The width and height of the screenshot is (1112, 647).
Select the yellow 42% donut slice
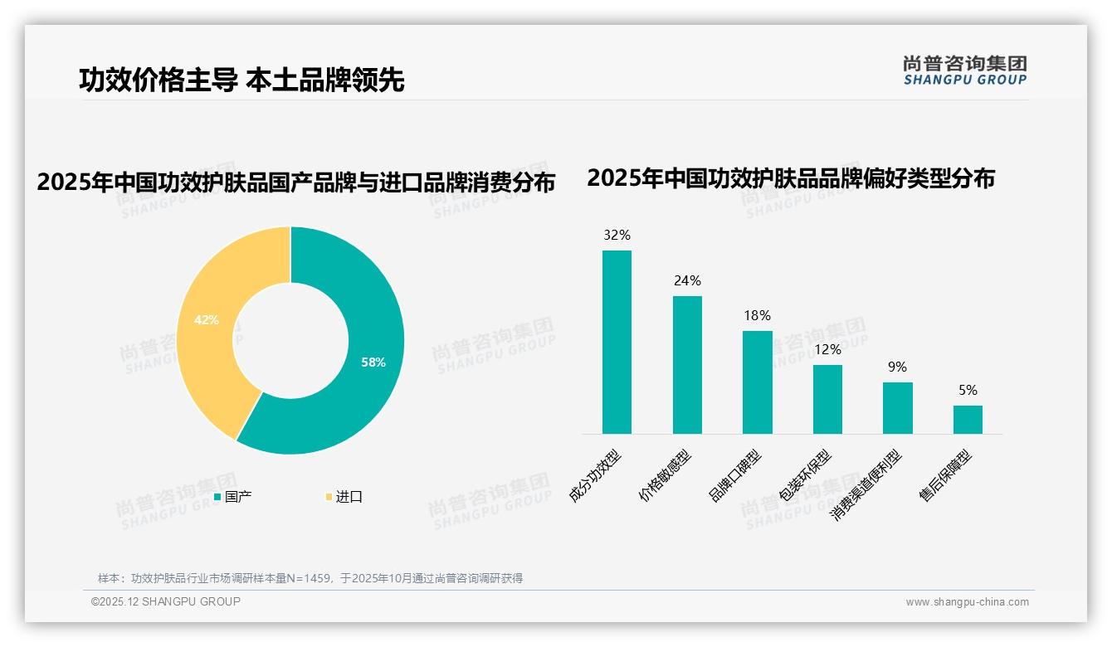pos(207,319)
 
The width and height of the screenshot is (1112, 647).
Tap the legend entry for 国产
pos(233,497)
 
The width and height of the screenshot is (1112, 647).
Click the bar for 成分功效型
pos(617,342)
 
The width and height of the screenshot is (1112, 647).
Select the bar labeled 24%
pos(687,365)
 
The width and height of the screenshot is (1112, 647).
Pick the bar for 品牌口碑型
pos(757,382)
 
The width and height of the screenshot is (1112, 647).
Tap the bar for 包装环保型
pos(827,399)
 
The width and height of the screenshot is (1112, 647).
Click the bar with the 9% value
pos(897,408)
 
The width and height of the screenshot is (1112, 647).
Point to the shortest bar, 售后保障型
pos(968,420)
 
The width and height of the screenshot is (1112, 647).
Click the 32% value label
pos(617,235)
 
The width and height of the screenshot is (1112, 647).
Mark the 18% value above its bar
pos(757,315)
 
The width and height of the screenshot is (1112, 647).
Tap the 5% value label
pos(968,390)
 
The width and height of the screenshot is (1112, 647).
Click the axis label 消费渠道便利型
pos(866,485)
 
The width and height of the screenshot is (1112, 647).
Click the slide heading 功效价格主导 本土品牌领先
pos(241,80)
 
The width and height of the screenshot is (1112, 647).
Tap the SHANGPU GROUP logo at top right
pos(964,71)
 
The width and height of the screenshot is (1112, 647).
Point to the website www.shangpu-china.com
pos(967,602)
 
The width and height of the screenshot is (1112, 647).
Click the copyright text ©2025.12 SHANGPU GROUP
pos(166,601)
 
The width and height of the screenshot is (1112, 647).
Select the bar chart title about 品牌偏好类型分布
pos(790,178)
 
